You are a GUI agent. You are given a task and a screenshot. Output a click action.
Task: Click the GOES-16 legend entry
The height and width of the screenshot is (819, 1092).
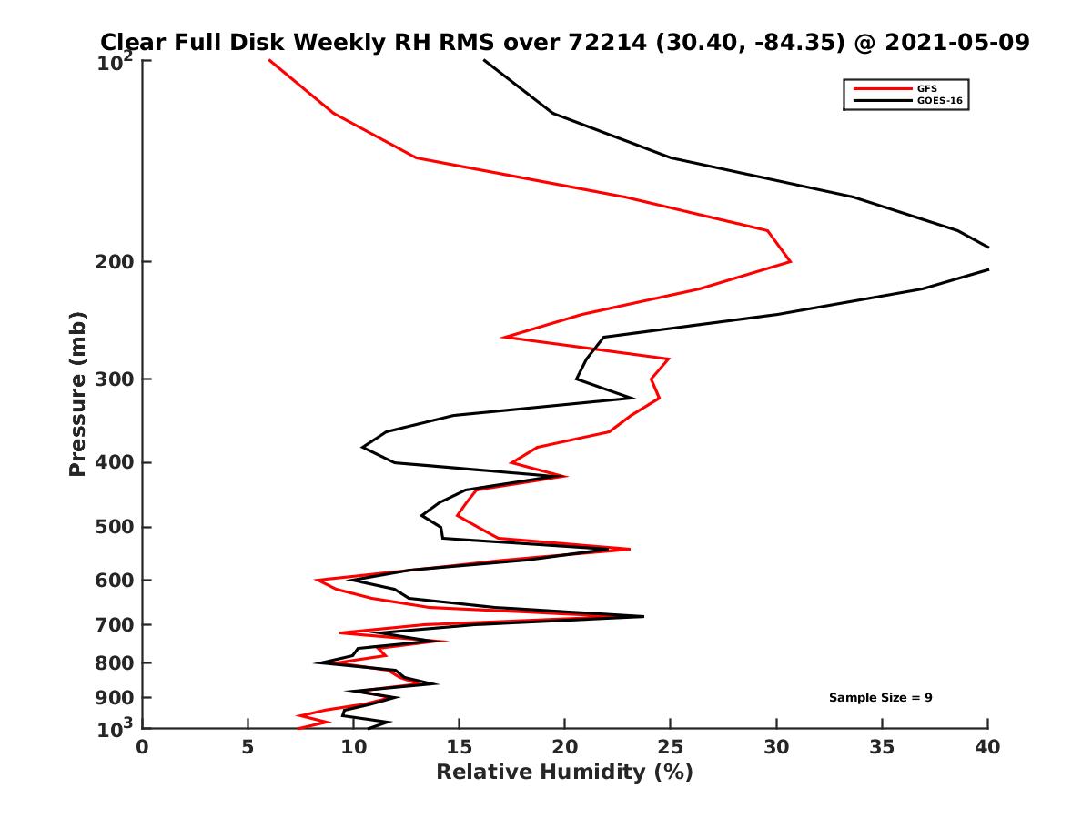[x=937, y=101]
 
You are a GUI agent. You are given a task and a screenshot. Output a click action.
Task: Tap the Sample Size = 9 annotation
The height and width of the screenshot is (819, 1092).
[x=880, y=698]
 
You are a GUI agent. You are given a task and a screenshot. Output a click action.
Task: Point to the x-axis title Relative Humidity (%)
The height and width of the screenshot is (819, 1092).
[x=564, y=773]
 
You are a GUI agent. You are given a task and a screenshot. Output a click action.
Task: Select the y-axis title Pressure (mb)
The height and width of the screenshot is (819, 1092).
[x=77, y=394]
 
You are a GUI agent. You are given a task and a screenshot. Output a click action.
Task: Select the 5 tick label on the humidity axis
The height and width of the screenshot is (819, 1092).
[x=248, y=747]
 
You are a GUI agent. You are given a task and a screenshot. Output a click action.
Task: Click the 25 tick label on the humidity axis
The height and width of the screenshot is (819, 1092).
[x=670, y=747]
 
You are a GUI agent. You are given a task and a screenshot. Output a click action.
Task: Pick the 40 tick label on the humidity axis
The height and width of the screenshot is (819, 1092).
[x=987, y=747]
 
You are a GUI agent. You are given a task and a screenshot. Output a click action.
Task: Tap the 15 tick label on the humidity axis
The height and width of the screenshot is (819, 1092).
[x=459, y=747]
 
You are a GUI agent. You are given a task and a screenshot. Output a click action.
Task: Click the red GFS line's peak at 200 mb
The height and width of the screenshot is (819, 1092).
[x=790, y=262]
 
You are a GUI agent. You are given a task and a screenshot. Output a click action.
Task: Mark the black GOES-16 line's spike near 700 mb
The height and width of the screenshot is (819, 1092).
[x=643, y=616]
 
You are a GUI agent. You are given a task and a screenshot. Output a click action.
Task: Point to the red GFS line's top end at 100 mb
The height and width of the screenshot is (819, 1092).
[x=269, y=60]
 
